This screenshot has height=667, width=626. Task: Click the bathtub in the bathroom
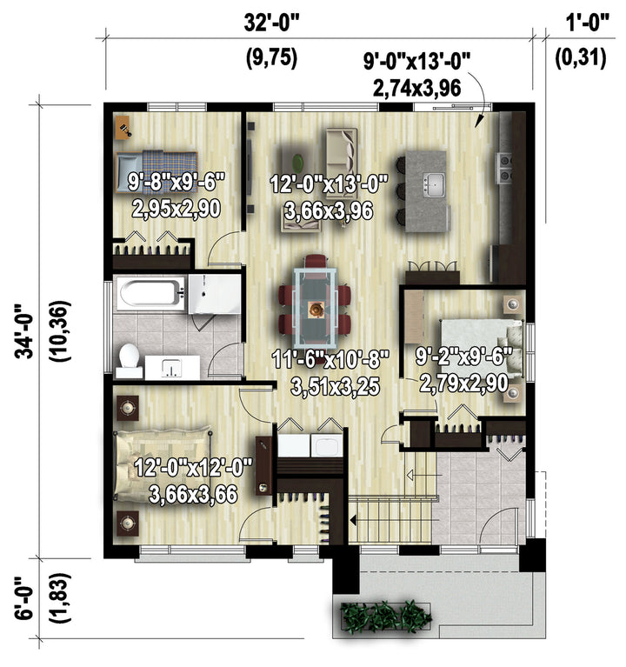click(149, 292)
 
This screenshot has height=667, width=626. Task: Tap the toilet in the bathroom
click(129, 361)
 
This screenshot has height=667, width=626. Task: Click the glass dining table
click(315, 307)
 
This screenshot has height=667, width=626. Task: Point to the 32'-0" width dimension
click(272, 23)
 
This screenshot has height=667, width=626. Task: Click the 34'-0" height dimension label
click(24, 330)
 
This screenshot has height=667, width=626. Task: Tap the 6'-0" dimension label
click(24, 598)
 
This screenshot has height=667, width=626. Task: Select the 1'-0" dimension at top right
click(588, 23)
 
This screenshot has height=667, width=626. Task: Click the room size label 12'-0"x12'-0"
click(194, 468)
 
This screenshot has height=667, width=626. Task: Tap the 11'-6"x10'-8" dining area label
click(330, 361)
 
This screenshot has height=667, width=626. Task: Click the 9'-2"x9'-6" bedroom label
click(463, 357)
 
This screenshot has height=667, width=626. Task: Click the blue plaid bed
click(156, 171)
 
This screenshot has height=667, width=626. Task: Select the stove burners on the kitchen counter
click(504, 168)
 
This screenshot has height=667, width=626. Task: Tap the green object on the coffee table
click(298, 161)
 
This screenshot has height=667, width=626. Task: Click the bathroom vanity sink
click(172, 368)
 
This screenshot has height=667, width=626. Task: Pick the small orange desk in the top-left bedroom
click(123, 127)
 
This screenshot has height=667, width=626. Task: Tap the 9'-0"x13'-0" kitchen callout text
click(416, 61)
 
